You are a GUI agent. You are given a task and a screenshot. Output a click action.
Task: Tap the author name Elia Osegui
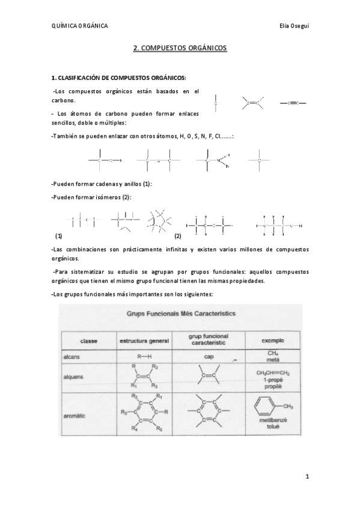click(293, 25)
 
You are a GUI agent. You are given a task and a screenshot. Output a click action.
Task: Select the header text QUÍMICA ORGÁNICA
click(80, 25)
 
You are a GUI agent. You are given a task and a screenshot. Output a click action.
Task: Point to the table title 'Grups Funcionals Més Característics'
click(180, 313)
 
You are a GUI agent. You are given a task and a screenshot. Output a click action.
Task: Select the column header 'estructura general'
click(144, 342)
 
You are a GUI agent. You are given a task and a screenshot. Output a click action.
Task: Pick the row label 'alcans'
click(72, 357)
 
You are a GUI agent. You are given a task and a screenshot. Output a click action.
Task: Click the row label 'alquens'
click(73, 376)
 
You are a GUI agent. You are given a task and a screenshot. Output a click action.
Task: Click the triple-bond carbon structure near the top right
click(293, 103)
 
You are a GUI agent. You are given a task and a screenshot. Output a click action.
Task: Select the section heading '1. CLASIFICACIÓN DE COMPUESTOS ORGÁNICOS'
click(119, 78)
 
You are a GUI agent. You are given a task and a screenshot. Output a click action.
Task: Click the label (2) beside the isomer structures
click(177, 236)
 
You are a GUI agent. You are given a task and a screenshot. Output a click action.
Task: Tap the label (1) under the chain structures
click(58, 236)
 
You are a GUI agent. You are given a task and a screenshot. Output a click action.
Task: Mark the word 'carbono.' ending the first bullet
click(64, 100)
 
